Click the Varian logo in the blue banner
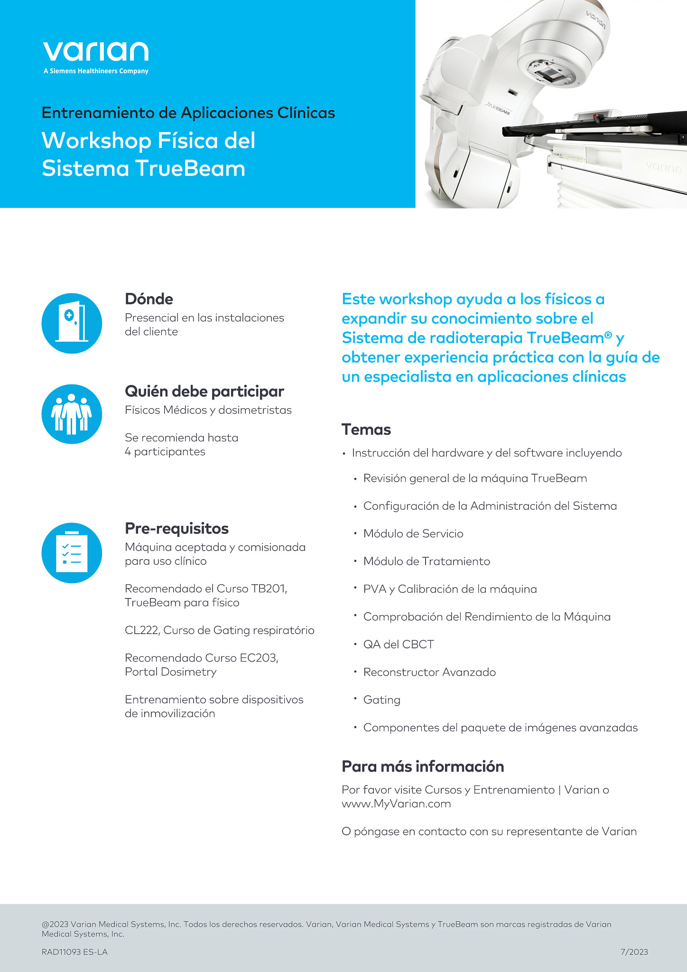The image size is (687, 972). (x=96, y=52)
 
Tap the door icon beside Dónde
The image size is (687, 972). (x=72, y=323)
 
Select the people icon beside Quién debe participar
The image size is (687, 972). (x=72, y=414)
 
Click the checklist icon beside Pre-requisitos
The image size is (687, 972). (x=72, y=553)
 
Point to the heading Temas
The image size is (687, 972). (x=366, y=430)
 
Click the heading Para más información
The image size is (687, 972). (x=423, y=766)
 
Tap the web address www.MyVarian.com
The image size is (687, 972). (x=396, y=804)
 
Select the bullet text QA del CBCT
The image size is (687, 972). (x=399, y=645)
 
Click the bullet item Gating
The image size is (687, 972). (x=382, y=700)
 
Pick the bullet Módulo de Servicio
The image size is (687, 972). (x=413, y=533)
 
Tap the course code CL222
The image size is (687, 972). (x=142, y=630)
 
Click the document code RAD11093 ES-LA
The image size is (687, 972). (x=74, y=952)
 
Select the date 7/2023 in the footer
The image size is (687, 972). (x=634, y=952)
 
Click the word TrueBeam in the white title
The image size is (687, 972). (x=190, y=168)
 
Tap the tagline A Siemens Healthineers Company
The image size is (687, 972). (x=96, y=71)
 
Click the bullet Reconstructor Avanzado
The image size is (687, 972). (x=429, y=672)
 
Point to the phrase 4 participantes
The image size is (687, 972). (x=165, y=451)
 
